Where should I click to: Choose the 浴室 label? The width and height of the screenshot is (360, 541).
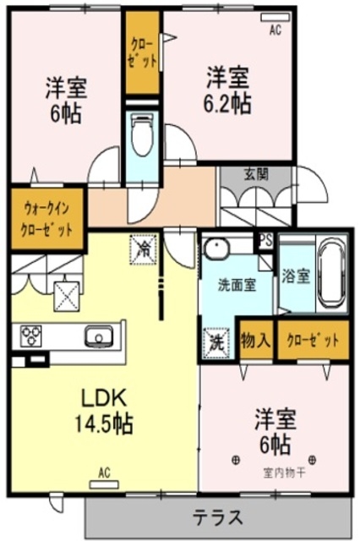tap(295, 276)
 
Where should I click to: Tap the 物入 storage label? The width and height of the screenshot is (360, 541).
tap(255, 341)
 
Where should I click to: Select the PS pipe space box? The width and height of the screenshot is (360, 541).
tap(265, 239)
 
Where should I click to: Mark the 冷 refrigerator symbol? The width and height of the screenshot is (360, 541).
tap(145, 249)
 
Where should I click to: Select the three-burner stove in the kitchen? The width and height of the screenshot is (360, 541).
tap(30, 336)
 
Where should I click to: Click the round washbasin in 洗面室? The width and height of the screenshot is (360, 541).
tap(218, 250)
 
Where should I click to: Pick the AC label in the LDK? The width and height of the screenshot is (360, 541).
tap(104, 473)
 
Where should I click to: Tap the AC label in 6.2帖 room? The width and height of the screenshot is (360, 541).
tap(275, 30)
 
